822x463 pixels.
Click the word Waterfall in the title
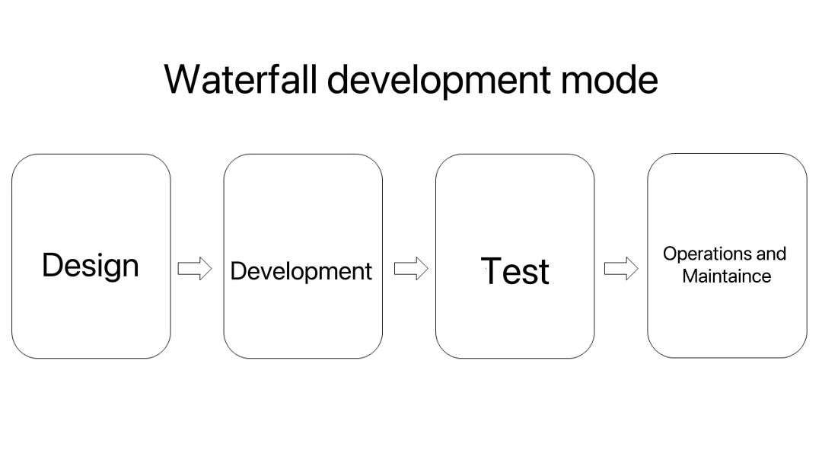241,79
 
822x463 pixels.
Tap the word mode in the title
609,79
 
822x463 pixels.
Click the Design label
90,267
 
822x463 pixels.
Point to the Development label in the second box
301,272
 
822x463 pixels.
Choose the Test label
515,271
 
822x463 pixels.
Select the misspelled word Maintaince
727,276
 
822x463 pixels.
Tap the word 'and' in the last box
771,254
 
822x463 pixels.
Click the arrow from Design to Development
195,269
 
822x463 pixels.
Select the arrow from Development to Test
411,269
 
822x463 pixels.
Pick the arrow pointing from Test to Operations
621,269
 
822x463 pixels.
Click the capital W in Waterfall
183,79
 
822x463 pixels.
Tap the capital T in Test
491,271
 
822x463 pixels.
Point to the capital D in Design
53,265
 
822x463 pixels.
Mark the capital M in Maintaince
690,276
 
